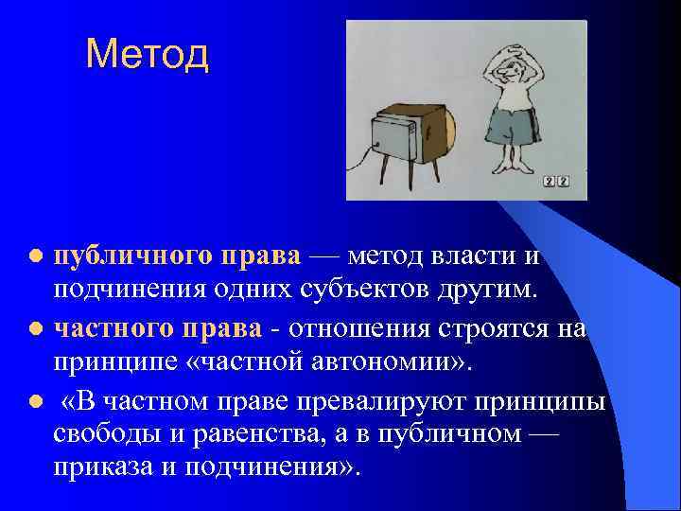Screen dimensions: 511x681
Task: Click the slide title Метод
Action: coord(147,54)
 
